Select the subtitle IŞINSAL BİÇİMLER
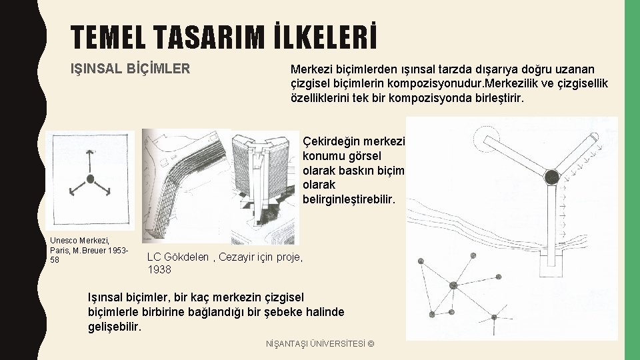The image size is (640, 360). [x=130, y=68]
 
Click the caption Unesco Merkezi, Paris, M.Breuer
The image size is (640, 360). [x=89, y=250]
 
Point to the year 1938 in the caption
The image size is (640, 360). [x=159, y=269]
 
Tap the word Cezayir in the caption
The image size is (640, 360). [x=234, y=257]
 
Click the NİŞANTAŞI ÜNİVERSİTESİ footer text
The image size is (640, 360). [x=320, y=344]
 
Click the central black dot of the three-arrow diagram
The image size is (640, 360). [x=91, y=179]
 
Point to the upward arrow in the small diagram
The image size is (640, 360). [x=90, y=161]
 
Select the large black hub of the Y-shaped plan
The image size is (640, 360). [x=551, y=177]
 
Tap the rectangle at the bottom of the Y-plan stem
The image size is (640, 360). [x=551, y=264]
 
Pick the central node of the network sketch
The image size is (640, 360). [x=453, y=285]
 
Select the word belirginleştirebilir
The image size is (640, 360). [x=349, y=199]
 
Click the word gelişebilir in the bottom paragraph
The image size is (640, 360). [x=114, y=327]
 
